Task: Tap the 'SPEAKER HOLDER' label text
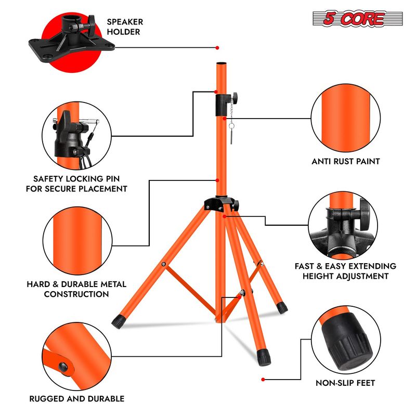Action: (124, 27)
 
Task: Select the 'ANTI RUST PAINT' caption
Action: (346, 161)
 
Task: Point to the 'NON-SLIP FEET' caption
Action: (346, 383)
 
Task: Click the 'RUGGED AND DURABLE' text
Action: (76, 399)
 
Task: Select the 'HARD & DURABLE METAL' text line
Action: (76, 284)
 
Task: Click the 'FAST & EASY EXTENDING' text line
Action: (345, 266)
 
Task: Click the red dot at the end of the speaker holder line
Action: (217, 47)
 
